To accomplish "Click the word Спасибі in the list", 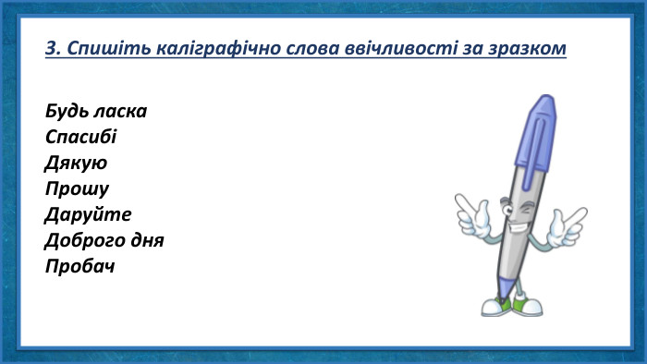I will [80, 138].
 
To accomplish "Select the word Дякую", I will [76, 164].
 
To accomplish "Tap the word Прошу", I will [77, 189].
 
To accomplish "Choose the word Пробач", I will [80, 267].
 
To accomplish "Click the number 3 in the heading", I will [50, 47].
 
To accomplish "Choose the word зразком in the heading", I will [523, 47].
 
